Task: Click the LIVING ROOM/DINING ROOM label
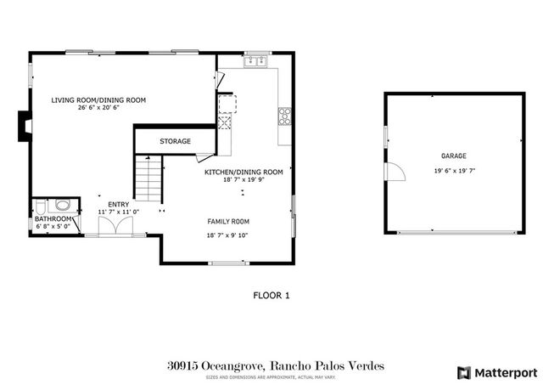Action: [x=98, y=100]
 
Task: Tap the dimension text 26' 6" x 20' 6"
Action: [x=98, y=108]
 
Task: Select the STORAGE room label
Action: [x=176, y=141]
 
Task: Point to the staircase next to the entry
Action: [x=148, y=181]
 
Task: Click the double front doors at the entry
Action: [x=110, y=226]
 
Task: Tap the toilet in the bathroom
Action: [x=61, y=206]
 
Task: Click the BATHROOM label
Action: [x=52, y=218]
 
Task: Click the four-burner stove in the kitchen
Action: [x=285, y=116]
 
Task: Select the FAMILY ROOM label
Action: [x=228, y=221]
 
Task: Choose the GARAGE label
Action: [x=452, y=156]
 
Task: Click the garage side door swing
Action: [x=395, y=171]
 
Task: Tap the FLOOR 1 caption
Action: [x=271, y=296]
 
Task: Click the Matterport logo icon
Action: [x=462, y=372]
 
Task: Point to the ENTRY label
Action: [x=118, y=203]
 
